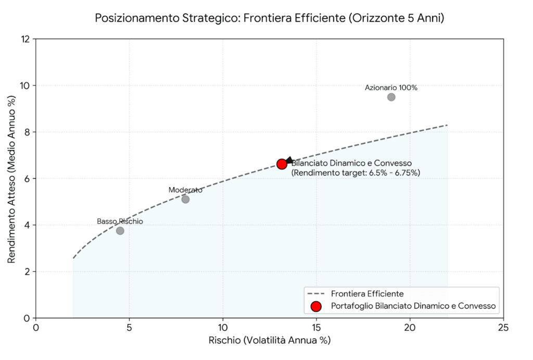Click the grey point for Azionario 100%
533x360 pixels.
pyautogui.click(x=391, y=97)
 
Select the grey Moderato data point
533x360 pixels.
pyautogui.click(x=185, y=199)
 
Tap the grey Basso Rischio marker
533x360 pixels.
pyautogui.click(x=120, y=230)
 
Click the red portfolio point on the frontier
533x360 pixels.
pyautogui.click(x=282, y=164)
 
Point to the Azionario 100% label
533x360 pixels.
pyautogui.click(x=391, y=88)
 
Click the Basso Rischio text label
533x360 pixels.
pyautogui.click(x=120, y=221)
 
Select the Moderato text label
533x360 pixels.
pyautogui.click(x=185, y=190)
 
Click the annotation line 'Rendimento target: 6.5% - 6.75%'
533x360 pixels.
pyautogui.click(x=356, y=173)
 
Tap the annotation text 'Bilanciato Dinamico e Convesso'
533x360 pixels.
pyautogui.click(x=351, y=163)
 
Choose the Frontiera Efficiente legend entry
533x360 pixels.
pyautogui.click(x=367, y=294)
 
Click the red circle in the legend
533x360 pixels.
pyautogui.click(x=315, y=306)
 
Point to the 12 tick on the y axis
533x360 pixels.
pyautogui.click(x=25, y=39)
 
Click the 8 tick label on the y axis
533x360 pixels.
pyautogui.click(x=27, y=132)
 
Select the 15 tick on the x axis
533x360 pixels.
pyautogui.click(x=316, y=328)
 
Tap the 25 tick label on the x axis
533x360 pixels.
pyautogui.click(x=503, y=328)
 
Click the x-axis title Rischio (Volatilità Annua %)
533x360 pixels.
pyautogui.click(x=270, y=341)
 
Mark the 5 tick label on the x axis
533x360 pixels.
pyautogui.click(x=130, y=328)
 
